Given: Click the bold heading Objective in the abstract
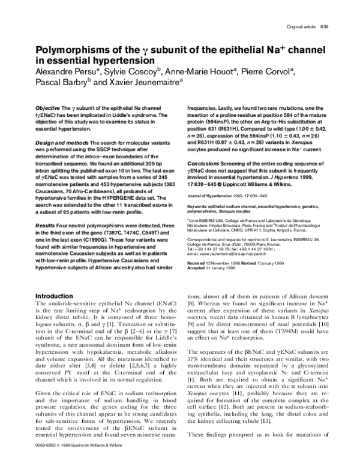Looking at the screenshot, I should (49, 106).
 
